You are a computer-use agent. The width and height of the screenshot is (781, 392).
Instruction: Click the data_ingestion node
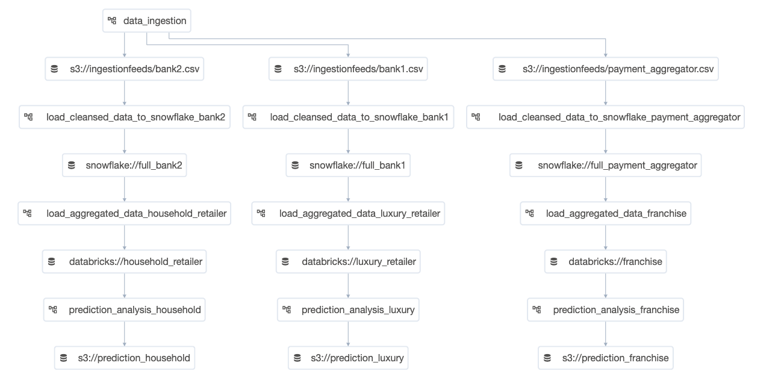tap(147, 20)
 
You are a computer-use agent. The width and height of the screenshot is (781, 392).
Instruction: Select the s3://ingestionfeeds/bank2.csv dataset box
tap(125, 69)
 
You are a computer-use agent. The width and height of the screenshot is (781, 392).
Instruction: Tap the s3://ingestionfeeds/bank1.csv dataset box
tap(348, 69)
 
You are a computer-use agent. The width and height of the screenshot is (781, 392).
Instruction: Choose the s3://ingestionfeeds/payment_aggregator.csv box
tap(606, 69)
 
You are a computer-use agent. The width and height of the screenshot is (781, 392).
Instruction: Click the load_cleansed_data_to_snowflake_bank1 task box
tap(348, 117)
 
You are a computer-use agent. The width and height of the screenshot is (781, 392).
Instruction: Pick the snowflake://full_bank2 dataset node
tap(125, 165)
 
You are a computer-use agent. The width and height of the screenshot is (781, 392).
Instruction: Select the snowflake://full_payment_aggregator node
tap(606, 165)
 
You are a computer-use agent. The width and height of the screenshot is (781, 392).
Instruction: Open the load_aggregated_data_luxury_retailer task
tap(348, 213)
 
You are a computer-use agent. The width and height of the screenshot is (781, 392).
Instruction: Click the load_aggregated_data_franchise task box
tap(606, 213)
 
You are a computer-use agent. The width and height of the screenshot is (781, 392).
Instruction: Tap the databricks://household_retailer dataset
tap(125, 261)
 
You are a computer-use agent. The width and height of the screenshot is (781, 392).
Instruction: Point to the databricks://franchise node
tap(606, 261)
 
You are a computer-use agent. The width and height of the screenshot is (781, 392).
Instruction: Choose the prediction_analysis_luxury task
tap(348, 310)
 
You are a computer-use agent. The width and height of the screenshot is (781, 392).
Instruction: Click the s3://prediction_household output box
tap(125, 358)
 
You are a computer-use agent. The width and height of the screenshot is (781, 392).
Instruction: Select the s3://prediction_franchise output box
tap(606, 358)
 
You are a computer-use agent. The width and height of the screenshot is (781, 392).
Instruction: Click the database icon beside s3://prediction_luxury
tap(297, 358)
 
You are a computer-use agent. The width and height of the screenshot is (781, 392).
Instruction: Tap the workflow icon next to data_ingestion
tap(112, 20)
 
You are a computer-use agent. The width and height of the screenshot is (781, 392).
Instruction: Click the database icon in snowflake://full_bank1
tap(295, 165)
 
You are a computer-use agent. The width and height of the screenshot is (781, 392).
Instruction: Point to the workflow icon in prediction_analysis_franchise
tap(537, 310)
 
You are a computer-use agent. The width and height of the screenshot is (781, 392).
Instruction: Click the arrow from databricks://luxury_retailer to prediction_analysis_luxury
tap(348, 285)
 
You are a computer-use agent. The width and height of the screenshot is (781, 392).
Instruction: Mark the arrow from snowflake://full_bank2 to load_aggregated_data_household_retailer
tap(125, 189)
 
